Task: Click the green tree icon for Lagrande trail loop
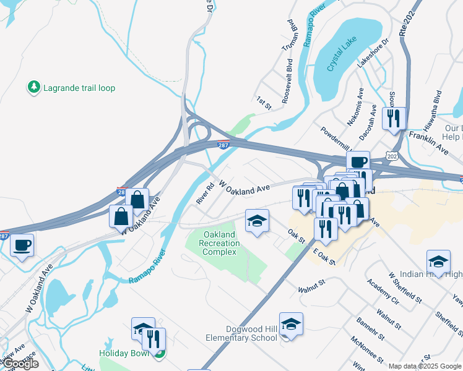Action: coord(34,88)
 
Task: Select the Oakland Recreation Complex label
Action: coord(219,244)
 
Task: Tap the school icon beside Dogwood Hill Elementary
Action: coord(290,324)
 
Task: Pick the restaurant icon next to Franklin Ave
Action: coord(394,117)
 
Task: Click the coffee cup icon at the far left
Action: coord(23,244)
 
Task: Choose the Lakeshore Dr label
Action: coord(372,54)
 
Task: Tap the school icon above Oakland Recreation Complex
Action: coord(257,221)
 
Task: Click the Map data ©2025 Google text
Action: coord(424,366)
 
